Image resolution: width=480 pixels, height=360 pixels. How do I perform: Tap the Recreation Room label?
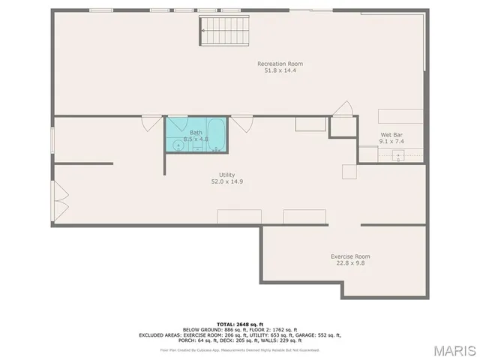280,64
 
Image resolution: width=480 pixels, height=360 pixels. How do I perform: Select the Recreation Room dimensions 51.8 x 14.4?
280,70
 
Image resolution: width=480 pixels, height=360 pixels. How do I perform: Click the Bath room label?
196,133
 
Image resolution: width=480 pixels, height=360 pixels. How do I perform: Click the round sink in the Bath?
178,145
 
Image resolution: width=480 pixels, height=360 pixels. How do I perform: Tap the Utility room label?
226,174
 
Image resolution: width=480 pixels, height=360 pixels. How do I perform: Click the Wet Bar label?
392,134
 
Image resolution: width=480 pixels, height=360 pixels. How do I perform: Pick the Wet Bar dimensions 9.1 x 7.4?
392,141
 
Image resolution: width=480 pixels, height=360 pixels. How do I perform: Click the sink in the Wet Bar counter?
398,154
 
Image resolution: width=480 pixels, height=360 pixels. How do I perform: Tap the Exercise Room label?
350,256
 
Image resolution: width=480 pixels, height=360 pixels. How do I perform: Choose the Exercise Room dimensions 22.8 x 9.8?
350,263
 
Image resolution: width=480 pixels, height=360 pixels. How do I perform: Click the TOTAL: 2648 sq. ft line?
240,323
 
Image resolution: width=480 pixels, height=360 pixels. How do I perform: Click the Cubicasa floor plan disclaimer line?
240,349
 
